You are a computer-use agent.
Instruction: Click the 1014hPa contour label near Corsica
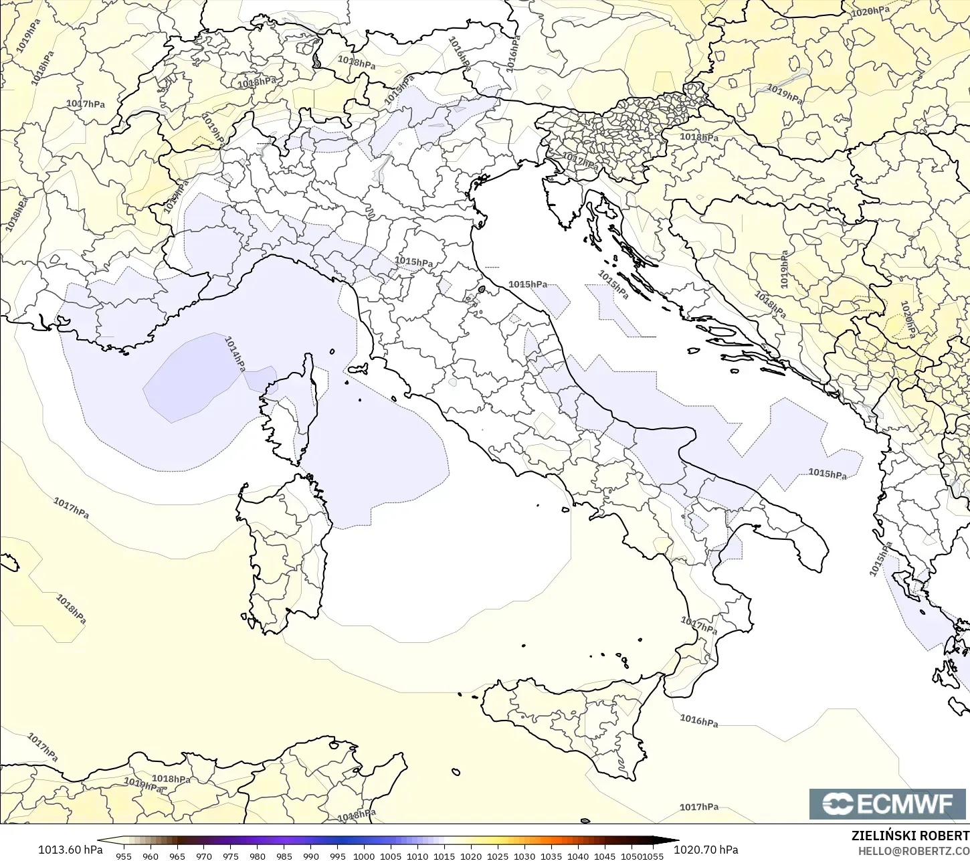pos(235,353)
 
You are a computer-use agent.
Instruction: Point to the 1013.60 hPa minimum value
pos(70,850)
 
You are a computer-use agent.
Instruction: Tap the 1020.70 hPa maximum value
pos(706,850)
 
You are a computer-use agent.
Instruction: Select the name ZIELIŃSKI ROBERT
pos(910,836)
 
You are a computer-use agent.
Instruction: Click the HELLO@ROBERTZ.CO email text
pos(914,851)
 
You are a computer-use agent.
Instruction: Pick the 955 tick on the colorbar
pos(124,856)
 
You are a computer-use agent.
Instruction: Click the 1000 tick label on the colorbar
pos(364,856)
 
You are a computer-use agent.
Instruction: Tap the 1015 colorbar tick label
pos(444,856)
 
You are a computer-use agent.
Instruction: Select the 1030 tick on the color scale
pos(524,856)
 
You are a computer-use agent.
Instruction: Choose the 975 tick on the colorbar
pos(231,856)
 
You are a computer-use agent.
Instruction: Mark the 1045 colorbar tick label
pos(605,856)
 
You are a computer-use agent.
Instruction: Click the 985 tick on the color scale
pos(284,856)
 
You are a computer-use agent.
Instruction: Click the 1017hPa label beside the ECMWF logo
pos(699,807)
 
